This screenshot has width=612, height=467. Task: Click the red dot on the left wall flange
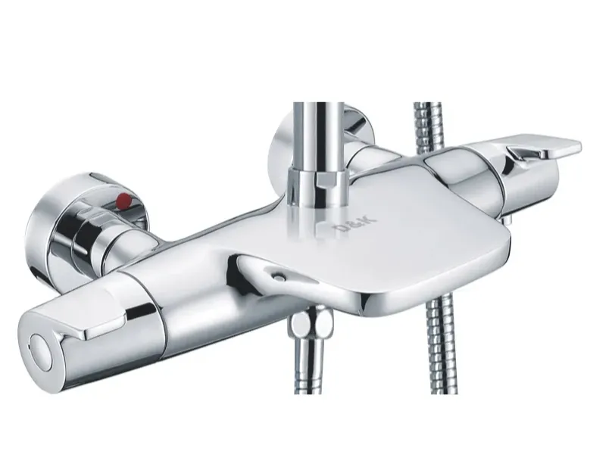click(x=124, y=199)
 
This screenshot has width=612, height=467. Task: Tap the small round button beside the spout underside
click(x=278, y=277)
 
